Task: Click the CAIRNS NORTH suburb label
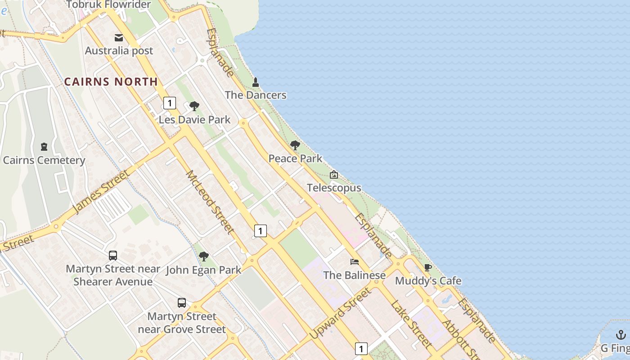click(111, 82)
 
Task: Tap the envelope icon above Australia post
click(119, 38)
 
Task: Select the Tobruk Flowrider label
click(108, 5)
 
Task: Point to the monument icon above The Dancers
click(256, 82)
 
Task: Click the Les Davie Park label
click(194, 120)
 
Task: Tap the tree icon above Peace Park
click(295, 145)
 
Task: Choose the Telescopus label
click(334, 188)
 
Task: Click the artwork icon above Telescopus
click(334, 175)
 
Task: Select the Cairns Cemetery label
click(44, 160)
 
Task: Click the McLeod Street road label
click(210, 202)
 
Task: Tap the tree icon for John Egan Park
click(204, 256)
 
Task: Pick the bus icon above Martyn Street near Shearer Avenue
click(113, 256)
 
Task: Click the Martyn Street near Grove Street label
click(182, 323)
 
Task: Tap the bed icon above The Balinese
click(355, 262)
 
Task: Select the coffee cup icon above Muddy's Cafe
click(428, 267)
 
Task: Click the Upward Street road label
click(341, 314)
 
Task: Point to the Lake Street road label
click(411, 324)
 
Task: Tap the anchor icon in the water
click(621, 335)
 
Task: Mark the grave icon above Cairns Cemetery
click(44, 147)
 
